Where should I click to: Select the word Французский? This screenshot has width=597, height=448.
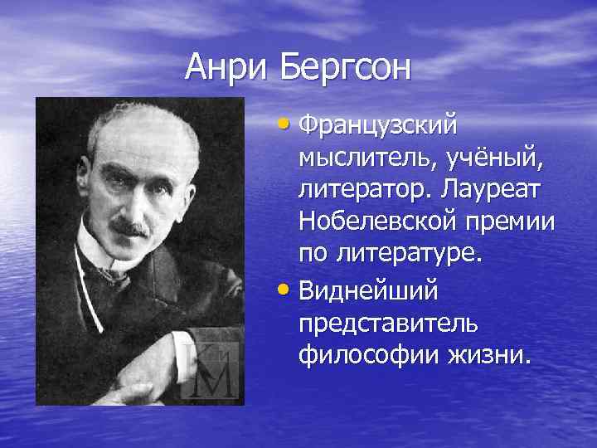click(x=378, y=128)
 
